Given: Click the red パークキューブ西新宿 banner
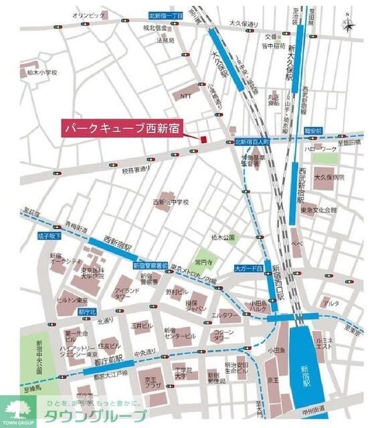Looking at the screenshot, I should (x=123, y=127).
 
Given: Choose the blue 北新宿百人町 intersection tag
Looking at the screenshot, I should (x=252, y=142).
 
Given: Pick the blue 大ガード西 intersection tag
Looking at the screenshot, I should (x=248, y=268).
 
